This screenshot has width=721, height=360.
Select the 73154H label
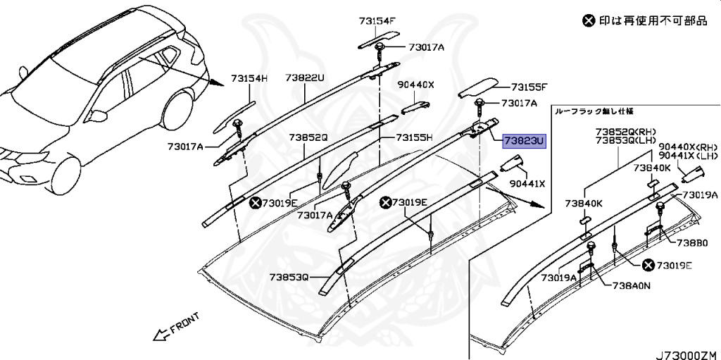[x=251, y=79]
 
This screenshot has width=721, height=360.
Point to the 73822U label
[x=305, y=78]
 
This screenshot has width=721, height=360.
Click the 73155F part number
[x=529, y=87]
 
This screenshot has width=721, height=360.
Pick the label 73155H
[x=413, y=137]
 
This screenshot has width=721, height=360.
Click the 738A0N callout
[x=631, y=287]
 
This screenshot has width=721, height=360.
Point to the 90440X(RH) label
[x=689, y=147]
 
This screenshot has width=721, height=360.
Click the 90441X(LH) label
[x=689, y=156]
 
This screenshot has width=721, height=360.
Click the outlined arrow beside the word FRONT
[x=161, y=331]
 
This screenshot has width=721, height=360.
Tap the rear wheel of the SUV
[x=177, y=106]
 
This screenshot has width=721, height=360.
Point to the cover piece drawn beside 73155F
[x=477, y=88]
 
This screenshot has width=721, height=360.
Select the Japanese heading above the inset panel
[x=594, y=111]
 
